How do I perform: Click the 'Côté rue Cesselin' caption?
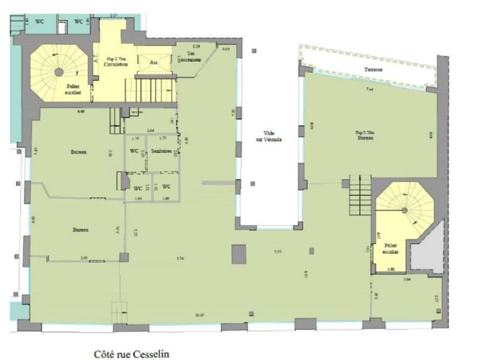pos(131,352)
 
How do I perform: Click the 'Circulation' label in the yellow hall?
pos(115,63)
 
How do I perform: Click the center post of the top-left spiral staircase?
pos(59,72)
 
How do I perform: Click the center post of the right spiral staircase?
pos(404,210)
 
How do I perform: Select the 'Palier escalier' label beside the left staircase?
pos(75,89)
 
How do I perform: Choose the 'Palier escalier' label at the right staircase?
pos(390,248)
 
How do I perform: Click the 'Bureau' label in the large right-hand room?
pos(365,137)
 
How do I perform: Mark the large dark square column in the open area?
pos(239,253)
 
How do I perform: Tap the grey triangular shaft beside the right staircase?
pos(428,252)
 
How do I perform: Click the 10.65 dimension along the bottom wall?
pos(182,314)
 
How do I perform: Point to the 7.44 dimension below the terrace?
pos(369,90)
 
